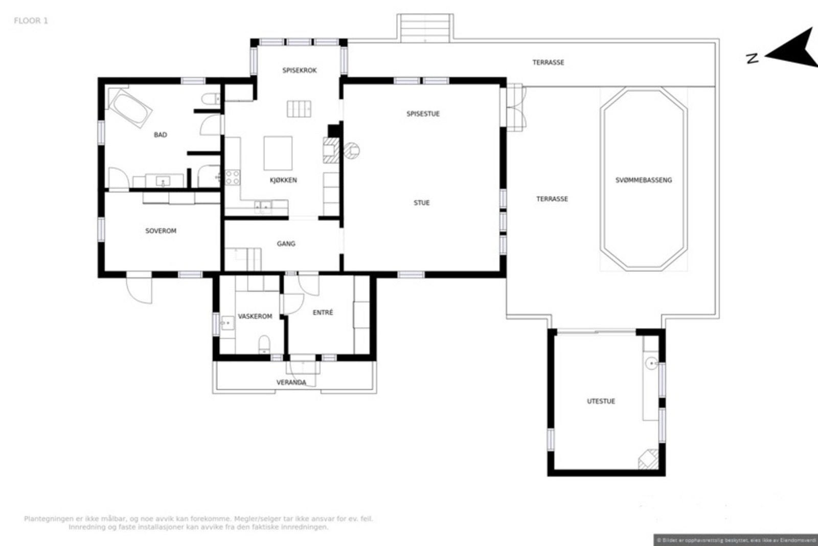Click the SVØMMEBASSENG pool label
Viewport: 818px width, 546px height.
(x=643, y=180)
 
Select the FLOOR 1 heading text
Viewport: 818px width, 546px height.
(x=31, y=21)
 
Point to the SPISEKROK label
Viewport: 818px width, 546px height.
(x=300, y=70)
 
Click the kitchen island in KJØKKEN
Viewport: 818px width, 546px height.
(x=278, y=153)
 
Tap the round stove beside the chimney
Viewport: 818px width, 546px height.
(x=351, y=150)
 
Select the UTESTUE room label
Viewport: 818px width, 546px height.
(x=601, y=401)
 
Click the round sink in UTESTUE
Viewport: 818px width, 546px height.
(x=651, y=363)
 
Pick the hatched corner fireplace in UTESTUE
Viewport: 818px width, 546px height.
(x=649, y=459)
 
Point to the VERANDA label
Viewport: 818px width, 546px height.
(x=291, y=382)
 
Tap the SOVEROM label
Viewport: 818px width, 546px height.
(x=161, y=231)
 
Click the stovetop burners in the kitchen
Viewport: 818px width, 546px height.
(x=232, y=177)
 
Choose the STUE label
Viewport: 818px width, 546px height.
(x=421, y=203)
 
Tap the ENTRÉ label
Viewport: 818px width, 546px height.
(x=323, y=312)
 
